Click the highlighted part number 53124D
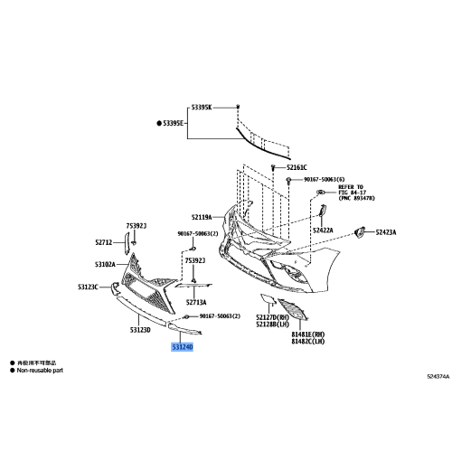point(177,346)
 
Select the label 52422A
point(323,231)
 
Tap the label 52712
point(106,242)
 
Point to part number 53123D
point(140,330)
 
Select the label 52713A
point(196,303)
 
